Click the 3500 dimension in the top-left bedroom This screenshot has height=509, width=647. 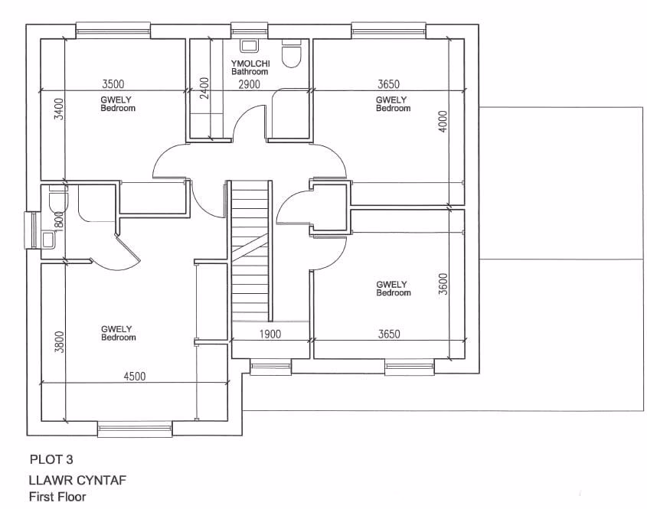113,83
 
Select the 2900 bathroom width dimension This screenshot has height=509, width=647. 249,83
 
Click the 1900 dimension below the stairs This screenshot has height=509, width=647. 270,334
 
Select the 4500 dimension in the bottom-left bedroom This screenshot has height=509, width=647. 134,376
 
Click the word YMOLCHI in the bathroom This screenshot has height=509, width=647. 250,64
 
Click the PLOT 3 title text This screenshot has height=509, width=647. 51,460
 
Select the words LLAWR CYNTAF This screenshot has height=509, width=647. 77,481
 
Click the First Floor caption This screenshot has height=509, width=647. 57,497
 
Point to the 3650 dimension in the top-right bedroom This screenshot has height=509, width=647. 388,83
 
